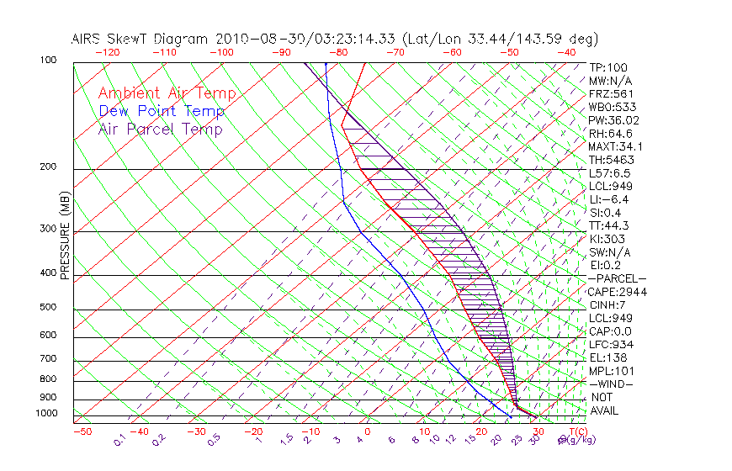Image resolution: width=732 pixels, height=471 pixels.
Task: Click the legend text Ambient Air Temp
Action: pos(167,93)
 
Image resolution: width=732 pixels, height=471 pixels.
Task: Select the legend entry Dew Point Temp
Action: pos(162,111)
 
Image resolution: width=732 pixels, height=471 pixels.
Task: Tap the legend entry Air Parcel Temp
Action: pos(161,129)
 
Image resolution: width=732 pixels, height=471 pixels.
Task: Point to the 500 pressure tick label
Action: pos(49,308)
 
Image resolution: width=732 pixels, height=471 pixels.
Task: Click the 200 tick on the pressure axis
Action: pos(49,167)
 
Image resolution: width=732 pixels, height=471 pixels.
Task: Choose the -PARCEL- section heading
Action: pos(618,278)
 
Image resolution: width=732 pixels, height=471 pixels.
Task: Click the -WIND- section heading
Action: pos(612,384)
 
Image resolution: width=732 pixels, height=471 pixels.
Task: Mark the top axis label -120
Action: pos(107,52)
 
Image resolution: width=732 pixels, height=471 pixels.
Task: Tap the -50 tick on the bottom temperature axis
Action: pos(82,432)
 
